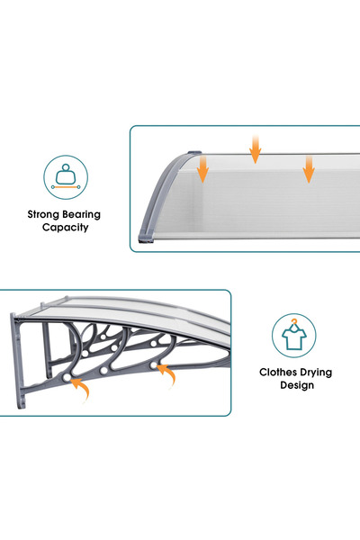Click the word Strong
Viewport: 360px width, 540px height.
[x=44, y=214]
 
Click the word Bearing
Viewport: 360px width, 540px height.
[x=82, y=214]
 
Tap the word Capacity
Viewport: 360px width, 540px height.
[x=65, y=228]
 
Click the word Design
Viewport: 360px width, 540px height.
[x=297, y=385]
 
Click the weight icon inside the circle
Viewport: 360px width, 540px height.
[x=66, y=176]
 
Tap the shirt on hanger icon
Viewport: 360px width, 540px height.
[x=294, y=335]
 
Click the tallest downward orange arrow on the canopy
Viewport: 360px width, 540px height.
[x=256, y=149]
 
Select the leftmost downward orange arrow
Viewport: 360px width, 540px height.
[x=202, y=168]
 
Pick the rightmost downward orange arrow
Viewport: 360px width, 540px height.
[x=309, y=169]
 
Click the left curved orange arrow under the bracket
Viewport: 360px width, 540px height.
[x=81, y=388]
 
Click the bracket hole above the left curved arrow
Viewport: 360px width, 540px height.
[x=67, y=377]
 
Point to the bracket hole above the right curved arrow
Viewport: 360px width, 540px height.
[x=154, y=364]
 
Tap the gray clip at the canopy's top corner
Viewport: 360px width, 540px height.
[x=194, y=153]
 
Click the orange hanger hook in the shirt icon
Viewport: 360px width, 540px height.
[x=294, y=323]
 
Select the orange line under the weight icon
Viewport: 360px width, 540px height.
[x=66, y=187]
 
